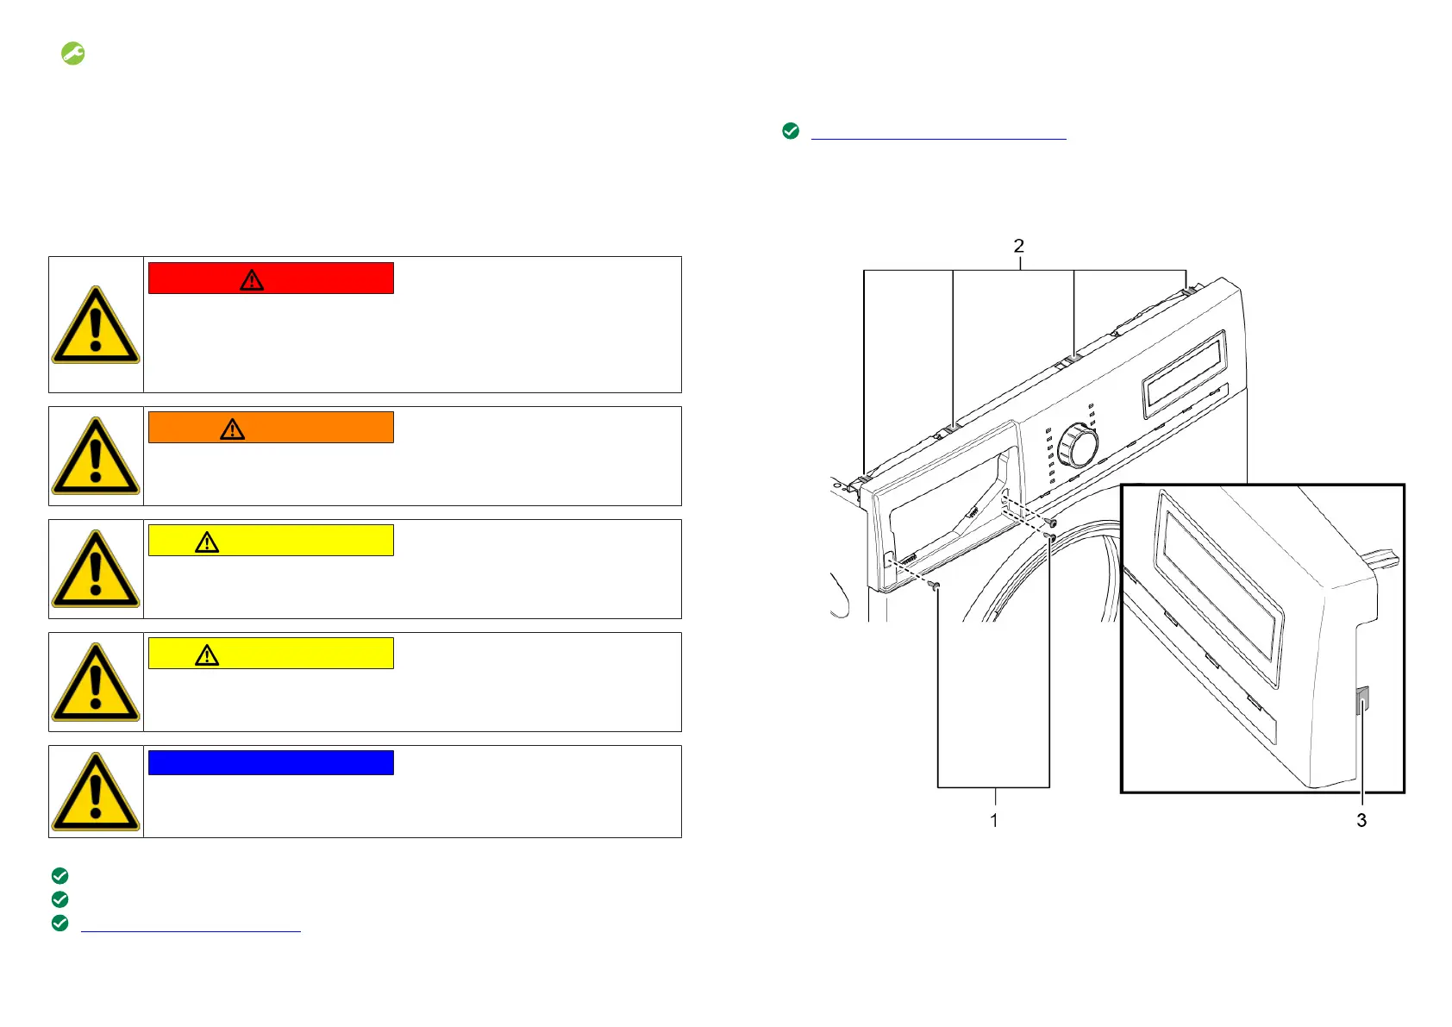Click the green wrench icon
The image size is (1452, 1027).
pos(72,53)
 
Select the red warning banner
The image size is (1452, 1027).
pos(271,279)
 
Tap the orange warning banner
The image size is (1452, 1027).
pos(271,427)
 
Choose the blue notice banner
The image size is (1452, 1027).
pos(271,762)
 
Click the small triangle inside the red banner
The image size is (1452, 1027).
pos(252,280)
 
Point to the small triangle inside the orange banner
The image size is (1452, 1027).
pos(232,429)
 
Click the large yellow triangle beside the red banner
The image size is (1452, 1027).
pos(96,325)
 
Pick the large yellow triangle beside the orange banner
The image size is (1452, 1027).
pos(96,456)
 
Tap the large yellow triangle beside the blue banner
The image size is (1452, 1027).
pos(96,792)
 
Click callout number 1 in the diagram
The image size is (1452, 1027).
pos(993,820)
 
